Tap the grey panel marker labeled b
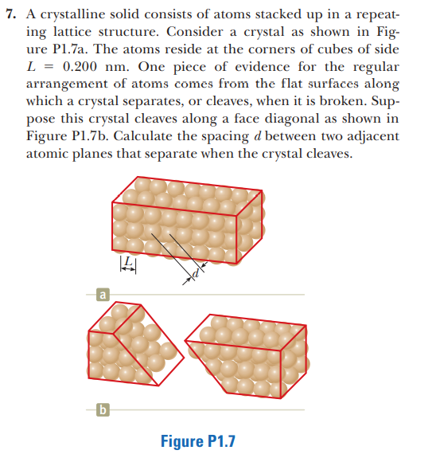pyautogui.click(x=100, y=411)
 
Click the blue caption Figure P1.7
pyautogui.click(x=198, y=439)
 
